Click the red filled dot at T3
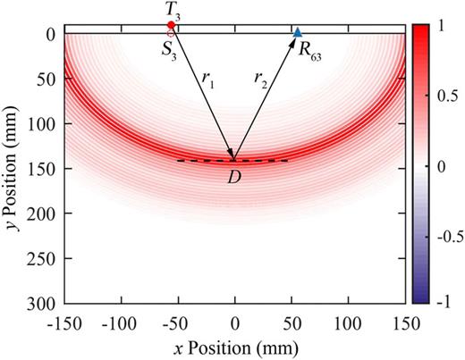tap(171, 25)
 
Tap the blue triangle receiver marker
tap(298, 32)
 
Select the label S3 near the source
tap(169, 49)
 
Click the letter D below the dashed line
tap(234, 176)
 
